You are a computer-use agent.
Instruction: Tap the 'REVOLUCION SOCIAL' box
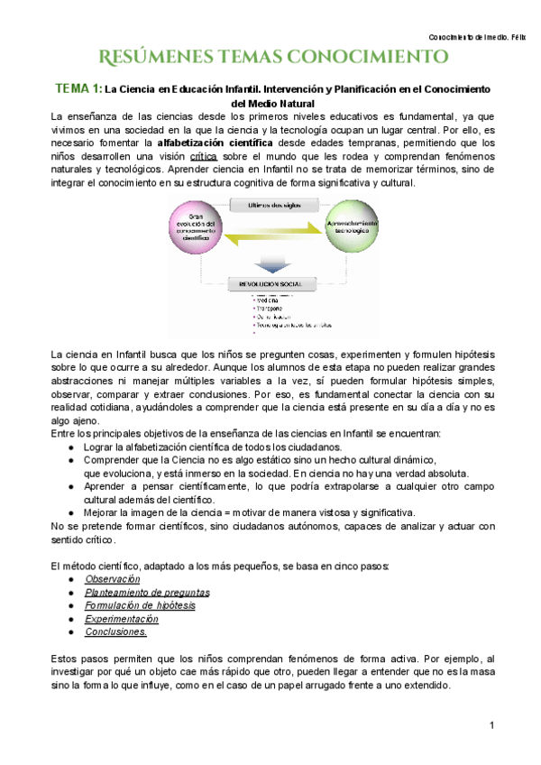(269, 283)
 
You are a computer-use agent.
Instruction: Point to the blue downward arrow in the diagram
(270, 264)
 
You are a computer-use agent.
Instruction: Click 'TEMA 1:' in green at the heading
(78, 88)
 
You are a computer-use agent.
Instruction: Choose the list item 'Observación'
(113, 578)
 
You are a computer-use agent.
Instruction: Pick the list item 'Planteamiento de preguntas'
(147, 593)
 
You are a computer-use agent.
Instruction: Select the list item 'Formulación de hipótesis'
(140, 606)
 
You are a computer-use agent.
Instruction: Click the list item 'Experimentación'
(122, 620)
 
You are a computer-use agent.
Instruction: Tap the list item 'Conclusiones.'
(116, 633)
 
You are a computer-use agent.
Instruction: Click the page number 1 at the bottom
(492, 726)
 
